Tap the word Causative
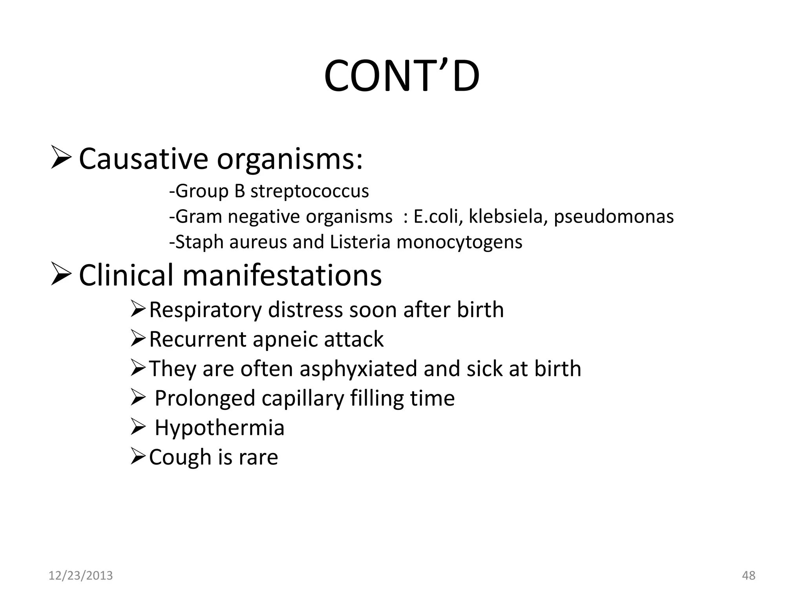pos(143,159)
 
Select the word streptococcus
pos(310,191)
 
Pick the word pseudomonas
pos(614,217)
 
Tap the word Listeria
pos(360,242)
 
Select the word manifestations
pos(282,275)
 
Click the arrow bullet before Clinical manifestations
pos(61,275)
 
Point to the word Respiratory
pos(205,310)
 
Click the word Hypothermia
pos(219,428)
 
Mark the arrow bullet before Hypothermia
pos(138,427)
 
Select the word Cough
pos(180,457)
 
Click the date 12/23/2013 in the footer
pos(80,576)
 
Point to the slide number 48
pos(749,576)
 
